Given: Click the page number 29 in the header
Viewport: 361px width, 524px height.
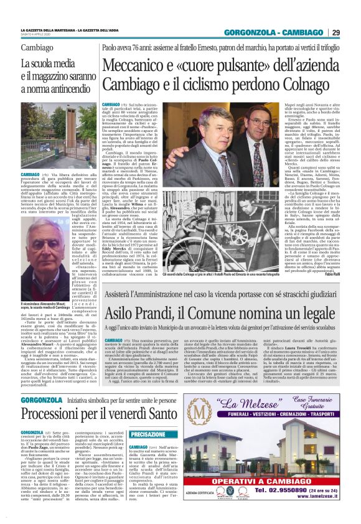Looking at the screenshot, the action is [336, 32].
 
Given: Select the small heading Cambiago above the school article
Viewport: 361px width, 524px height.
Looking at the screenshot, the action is [37, 48].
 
